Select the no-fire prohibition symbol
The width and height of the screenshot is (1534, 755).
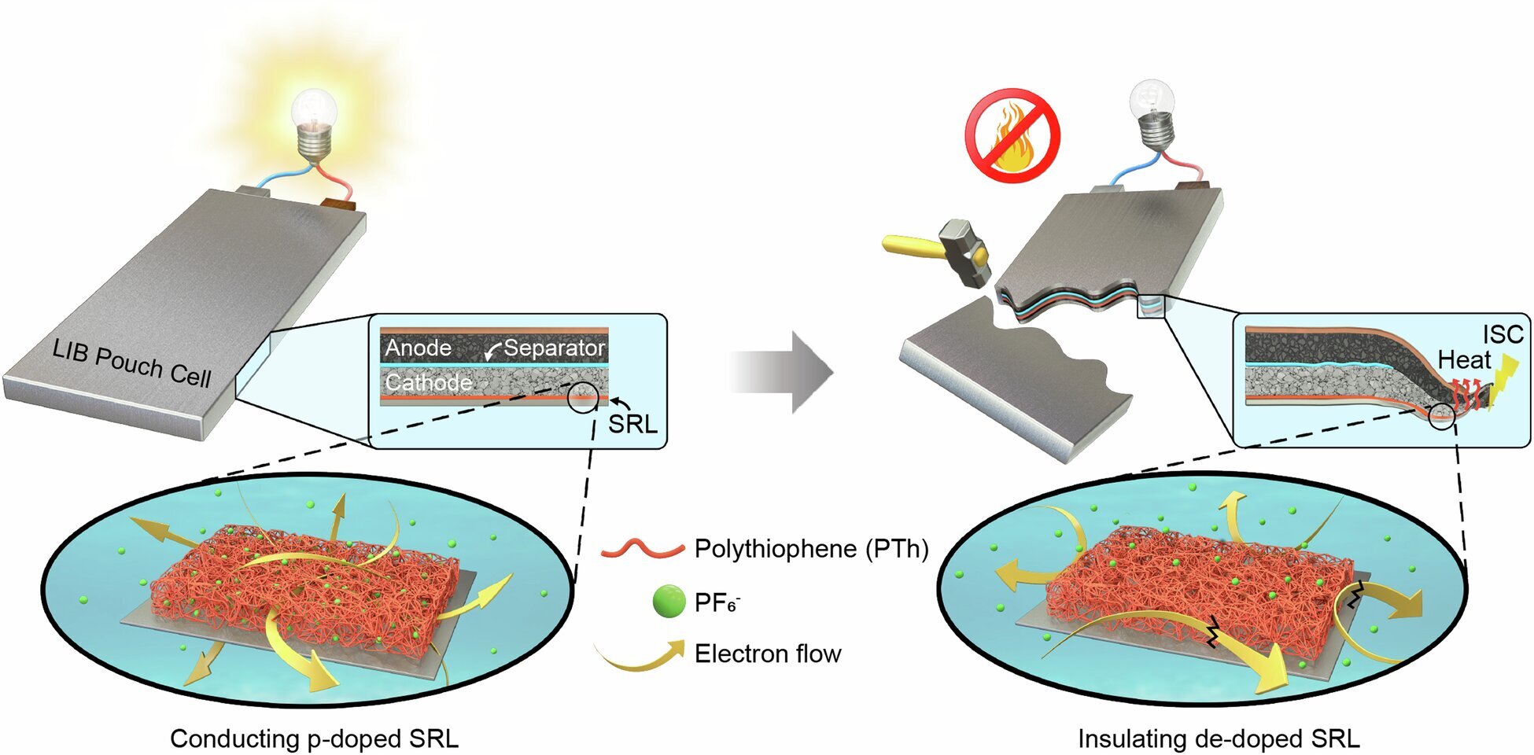(1012, 135)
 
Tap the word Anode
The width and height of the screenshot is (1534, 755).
(418, 348)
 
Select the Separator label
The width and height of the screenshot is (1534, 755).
(554, 348)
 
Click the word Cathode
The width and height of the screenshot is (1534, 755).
(428, 383)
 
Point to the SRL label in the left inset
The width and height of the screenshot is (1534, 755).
(632, 425)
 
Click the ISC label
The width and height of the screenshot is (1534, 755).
(1503, 334)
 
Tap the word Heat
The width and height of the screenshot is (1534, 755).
(1464, 360)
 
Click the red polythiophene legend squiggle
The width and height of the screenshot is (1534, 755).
(642, 549)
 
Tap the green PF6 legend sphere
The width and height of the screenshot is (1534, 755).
(669, 602)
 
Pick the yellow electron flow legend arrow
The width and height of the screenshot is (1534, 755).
(642, 654)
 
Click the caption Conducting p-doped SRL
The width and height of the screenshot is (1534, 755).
(314, 738)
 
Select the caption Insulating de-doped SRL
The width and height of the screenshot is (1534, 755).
(1219, 738)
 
